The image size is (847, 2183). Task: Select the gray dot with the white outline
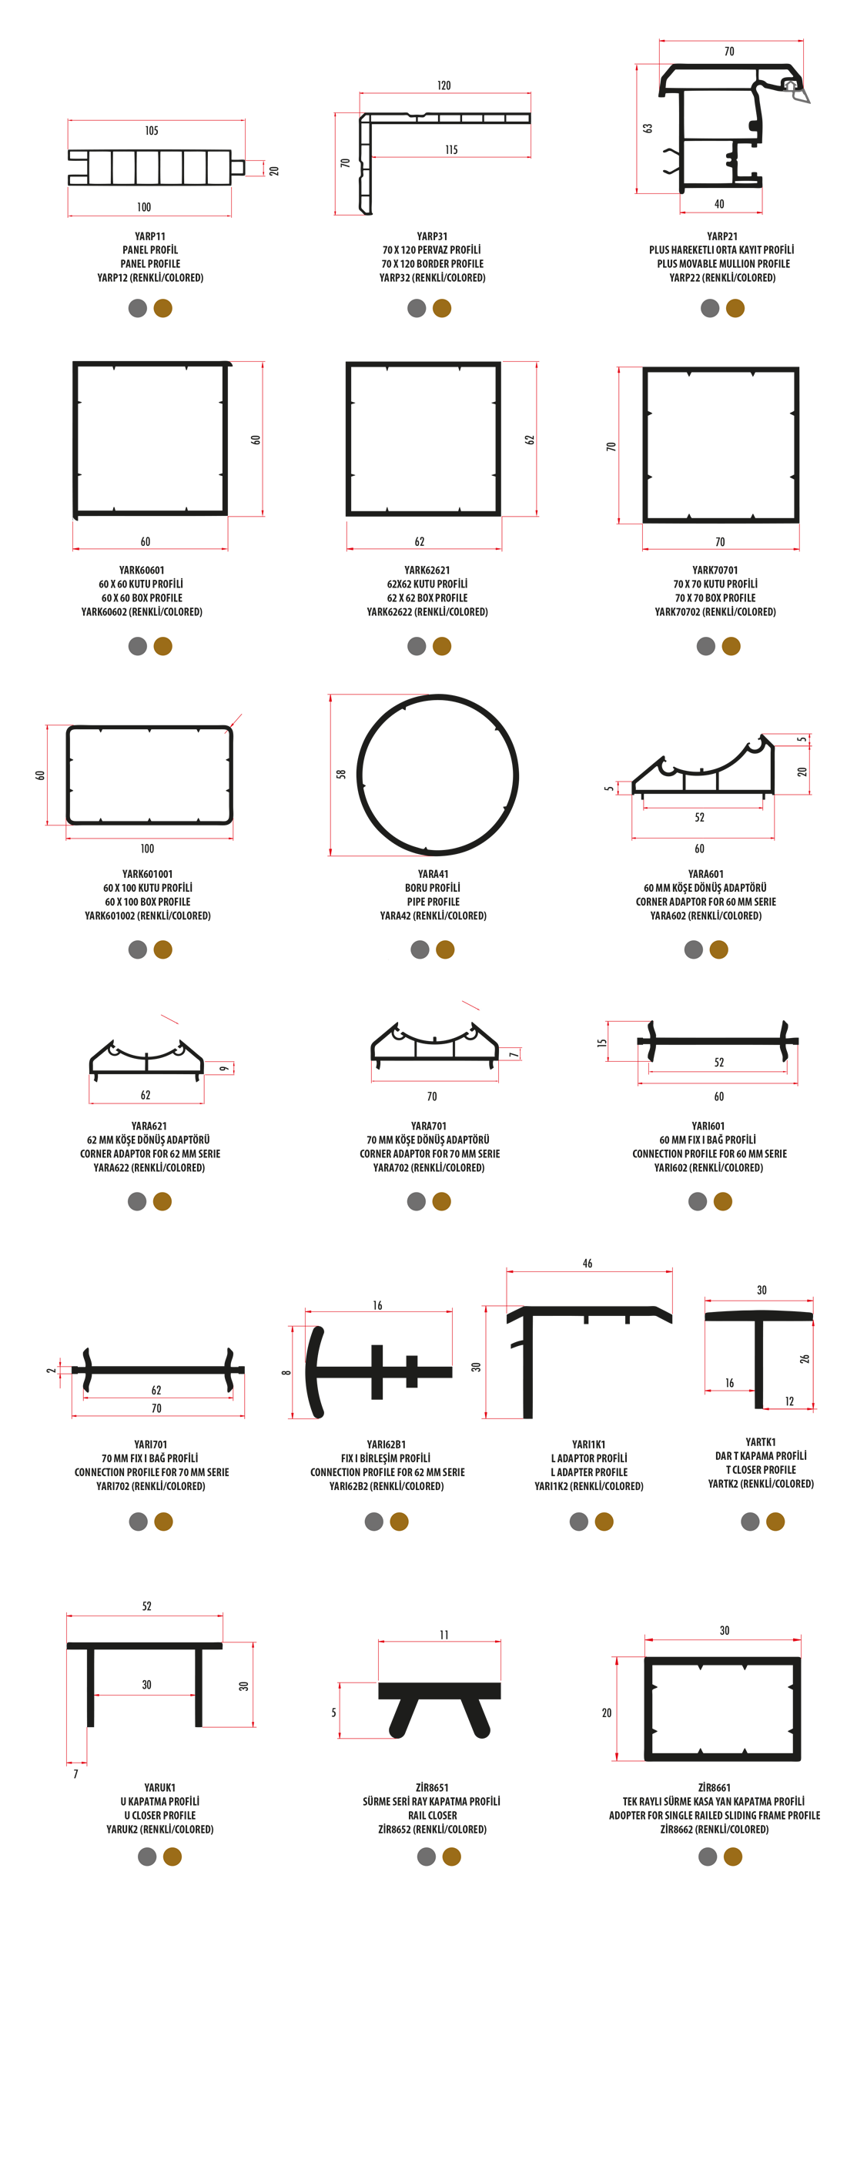[x=694, y=949]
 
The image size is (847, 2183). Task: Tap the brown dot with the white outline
[x=718, y=949]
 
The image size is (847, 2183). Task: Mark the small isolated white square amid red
[x=541, y=1087]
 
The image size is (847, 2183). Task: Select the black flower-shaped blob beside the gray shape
[x=716, y=127]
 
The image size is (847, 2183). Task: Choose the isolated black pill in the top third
[x=594, y=447]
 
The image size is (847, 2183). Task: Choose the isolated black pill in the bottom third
[x=314, y=1713]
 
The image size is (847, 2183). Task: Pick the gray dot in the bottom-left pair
[x=146, y=1856]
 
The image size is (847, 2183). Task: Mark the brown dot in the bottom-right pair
[x=733, y=1856]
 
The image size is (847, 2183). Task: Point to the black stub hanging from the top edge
[x=443, y=64]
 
